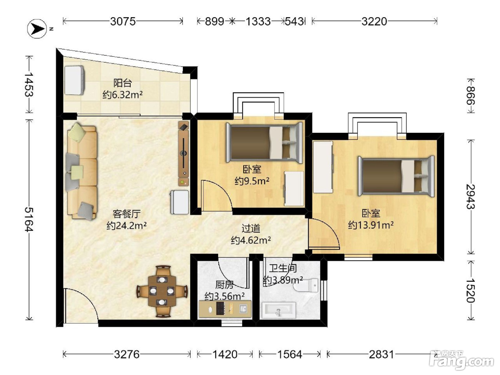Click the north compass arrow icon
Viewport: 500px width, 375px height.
37,29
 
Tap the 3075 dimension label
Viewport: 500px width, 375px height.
123,21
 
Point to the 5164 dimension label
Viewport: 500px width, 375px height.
29,219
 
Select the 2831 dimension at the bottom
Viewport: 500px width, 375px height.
381,355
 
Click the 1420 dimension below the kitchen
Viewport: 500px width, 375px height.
225,355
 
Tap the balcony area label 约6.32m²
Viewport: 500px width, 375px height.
122,95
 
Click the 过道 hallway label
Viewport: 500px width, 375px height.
251,228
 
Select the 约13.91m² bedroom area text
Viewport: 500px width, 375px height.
371,225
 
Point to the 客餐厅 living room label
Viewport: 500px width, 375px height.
126,214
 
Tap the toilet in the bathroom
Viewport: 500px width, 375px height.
306,285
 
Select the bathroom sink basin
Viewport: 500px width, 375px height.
279,310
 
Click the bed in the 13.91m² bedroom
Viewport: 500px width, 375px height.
396,176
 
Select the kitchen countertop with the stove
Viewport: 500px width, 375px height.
225,309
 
